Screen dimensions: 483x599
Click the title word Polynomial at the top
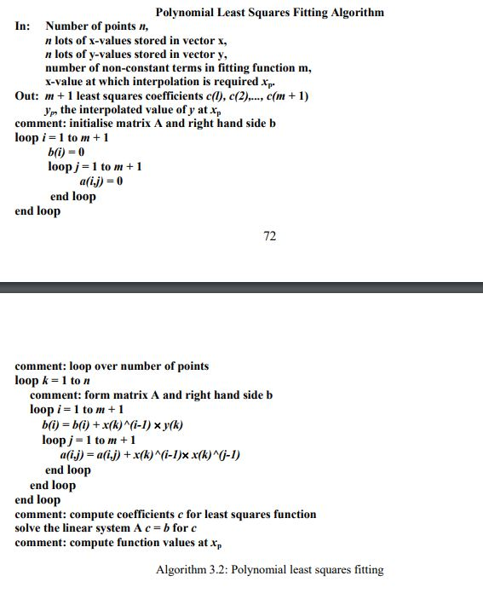[x=185, y=12]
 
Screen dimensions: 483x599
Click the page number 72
[x=269, y=236]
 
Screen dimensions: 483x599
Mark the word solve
[x=30, y=528]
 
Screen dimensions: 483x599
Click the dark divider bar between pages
[x=241, y=287]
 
